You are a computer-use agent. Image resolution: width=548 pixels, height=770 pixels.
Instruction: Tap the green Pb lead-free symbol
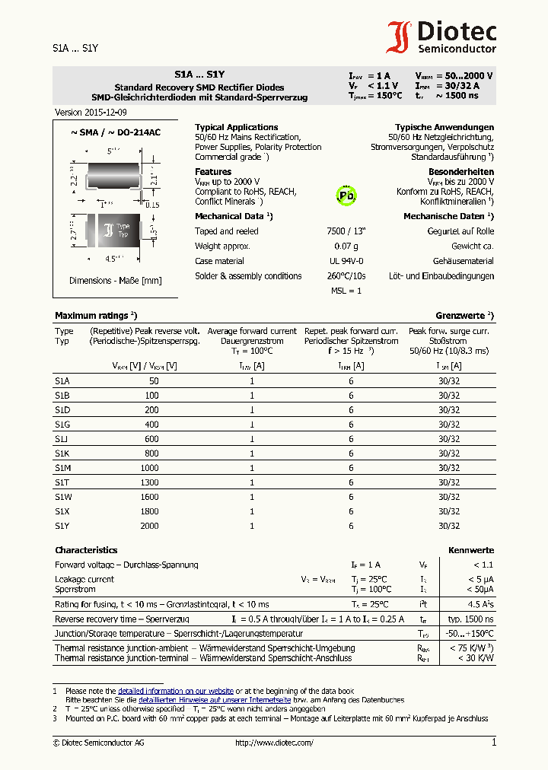(x=346, y=195)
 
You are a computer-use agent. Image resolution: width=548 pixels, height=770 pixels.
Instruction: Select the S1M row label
(x=62, y=468)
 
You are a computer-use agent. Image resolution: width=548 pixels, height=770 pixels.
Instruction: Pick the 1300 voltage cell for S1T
(x=149, y=482)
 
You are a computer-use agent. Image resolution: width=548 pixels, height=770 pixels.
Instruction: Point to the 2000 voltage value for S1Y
(x=149, y=526)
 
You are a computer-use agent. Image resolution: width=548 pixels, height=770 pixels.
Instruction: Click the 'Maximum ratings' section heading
(x=95, y=315)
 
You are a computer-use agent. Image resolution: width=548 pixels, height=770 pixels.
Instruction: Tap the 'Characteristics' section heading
(x=86, y=550)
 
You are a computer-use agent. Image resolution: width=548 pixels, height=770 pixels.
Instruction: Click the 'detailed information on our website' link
(x=176, y=690)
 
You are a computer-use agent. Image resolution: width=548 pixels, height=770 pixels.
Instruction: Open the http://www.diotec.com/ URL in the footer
(x=274, y=743)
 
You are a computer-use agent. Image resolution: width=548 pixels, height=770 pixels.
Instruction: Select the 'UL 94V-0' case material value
(x=346, y=261)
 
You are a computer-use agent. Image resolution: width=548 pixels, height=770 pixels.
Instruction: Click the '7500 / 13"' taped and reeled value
(x=346, y=231)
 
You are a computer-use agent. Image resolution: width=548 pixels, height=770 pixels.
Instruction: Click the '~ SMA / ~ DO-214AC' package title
(x=116, y=132)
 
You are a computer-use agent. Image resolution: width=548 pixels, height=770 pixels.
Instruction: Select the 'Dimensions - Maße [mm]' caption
(x=116, y=281)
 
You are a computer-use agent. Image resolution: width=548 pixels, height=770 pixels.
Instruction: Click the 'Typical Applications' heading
(x=237, y=127)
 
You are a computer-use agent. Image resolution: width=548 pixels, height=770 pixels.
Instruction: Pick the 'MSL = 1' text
(x=346, y=291)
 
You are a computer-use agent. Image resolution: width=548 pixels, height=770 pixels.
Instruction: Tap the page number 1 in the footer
(x=493, y=743)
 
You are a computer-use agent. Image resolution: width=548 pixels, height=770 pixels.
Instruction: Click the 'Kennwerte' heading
(x=471, y=550)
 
